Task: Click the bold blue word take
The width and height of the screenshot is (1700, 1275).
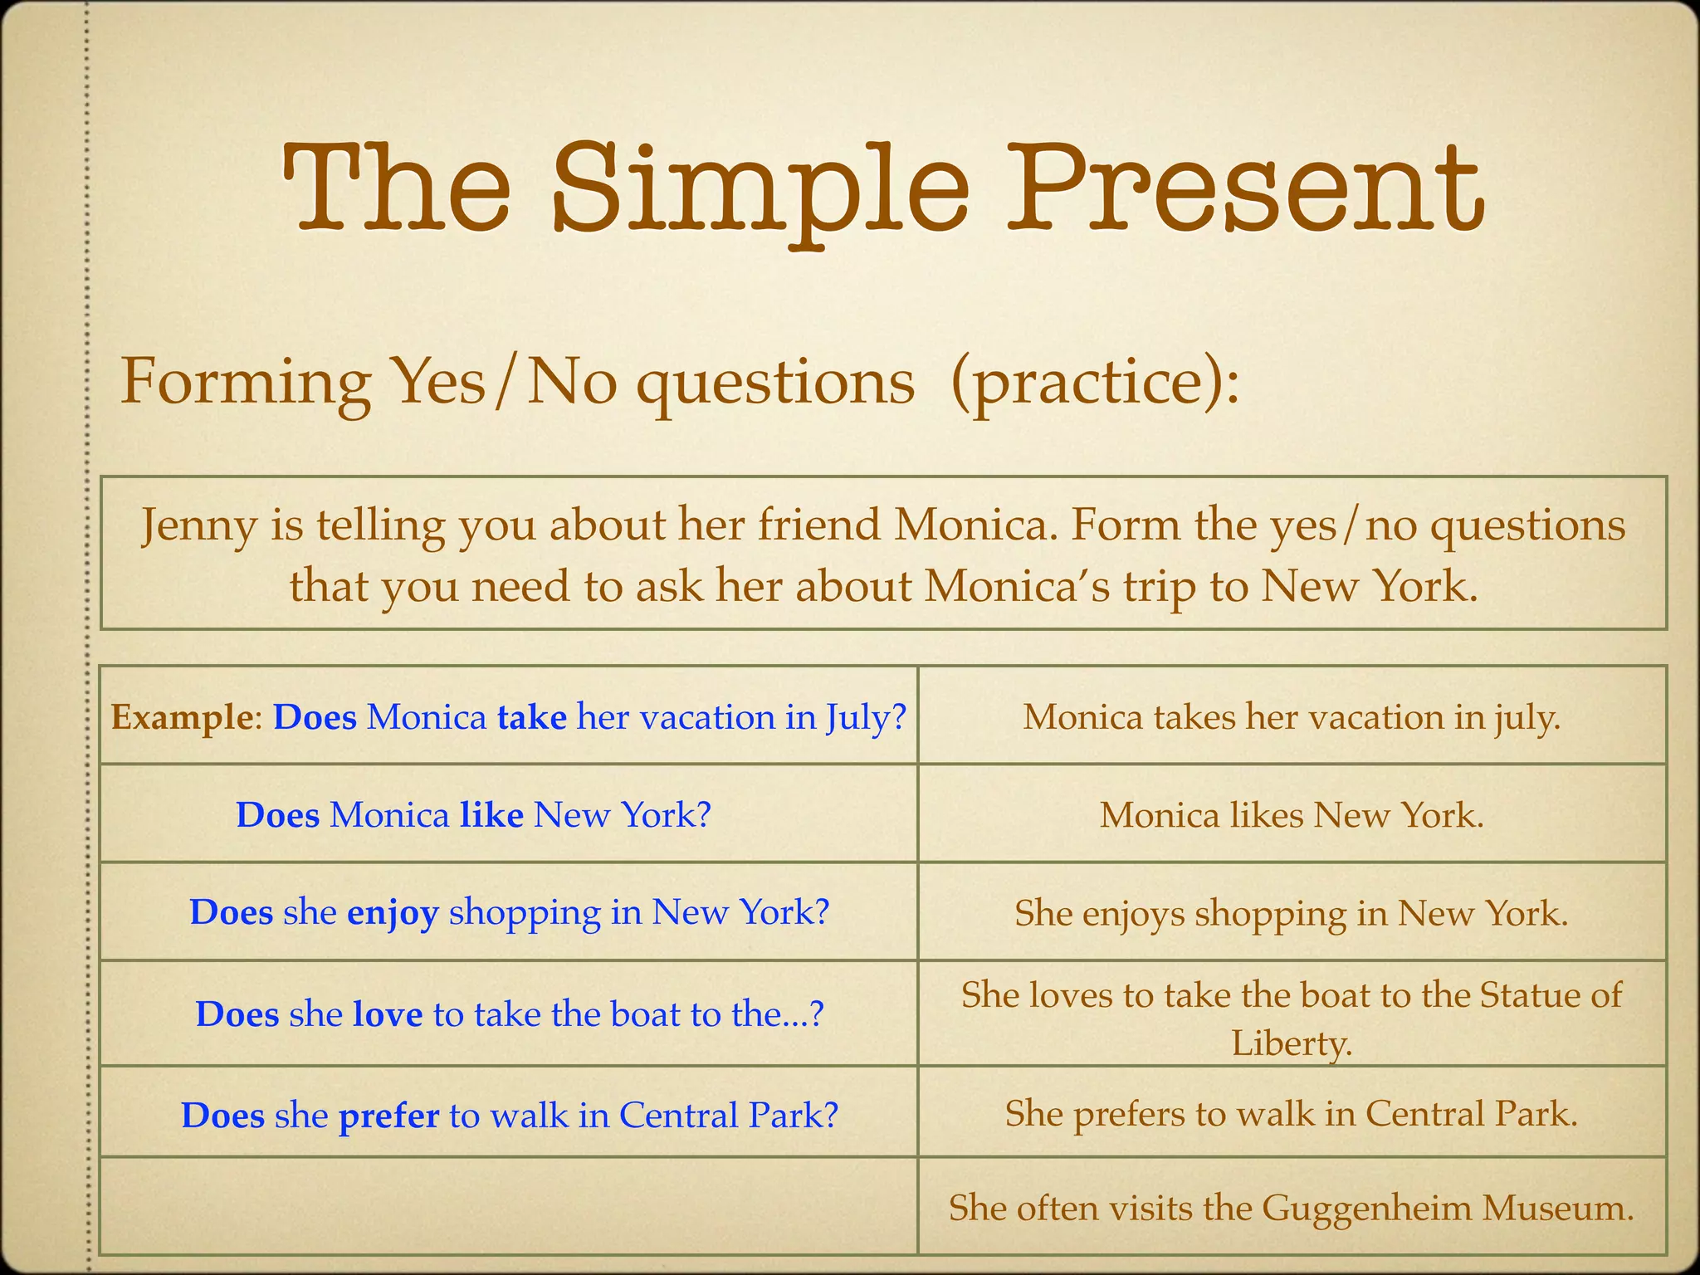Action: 531,717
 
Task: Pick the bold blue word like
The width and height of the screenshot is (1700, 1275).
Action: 491,815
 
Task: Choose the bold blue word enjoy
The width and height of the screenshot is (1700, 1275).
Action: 393,913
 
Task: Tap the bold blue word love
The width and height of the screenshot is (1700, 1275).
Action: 388,1014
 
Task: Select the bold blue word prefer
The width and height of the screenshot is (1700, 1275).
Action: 388,1116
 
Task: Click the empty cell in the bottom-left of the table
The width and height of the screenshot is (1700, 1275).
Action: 508,1205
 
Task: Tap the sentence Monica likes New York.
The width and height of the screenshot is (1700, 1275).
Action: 1291,815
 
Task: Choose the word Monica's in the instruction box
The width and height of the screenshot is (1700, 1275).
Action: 1017,586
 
